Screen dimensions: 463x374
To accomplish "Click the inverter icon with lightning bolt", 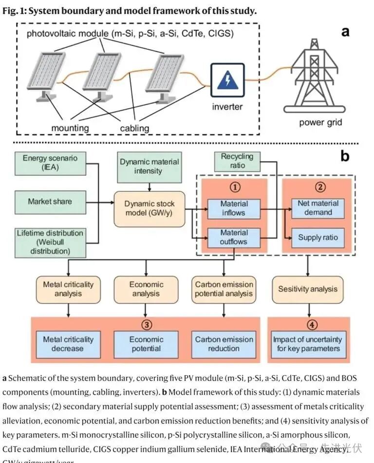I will coord(227,79).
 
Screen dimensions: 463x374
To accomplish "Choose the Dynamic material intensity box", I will coord(149,166).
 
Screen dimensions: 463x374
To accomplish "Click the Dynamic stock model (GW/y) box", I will coord(149,209).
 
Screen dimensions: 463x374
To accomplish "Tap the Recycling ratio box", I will coord(237,161).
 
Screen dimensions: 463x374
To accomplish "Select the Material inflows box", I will coord(234,208).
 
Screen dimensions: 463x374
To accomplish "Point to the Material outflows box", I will coord(234,237).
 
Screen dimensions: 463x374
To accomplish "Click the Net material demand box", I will coord(318,208).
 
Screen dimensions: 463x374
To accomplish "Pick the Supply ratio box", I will coord(318,238).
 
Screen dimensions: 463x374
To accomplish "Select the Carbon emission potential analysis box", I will coord(224,289).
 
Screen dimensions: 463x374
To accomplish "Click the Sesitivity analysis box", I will coord(307,289).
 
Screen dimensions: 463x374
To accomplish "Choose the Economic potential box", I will coord(146,344).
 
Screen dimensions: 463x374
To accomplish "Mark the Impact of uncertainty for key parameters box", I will coord(307,344).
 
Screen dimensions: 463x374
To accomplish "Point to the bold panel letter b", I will coord(345,156).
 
